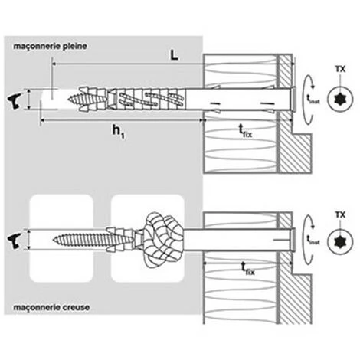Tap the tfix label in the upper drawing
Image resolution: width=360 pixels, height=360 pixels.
click(x=245, y=132)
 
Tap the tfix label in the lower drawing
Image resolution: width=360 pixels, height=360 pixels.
click(x=245, y=270)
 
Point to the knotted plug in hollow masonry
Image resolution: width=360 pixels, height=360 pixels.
click(x=161, y=238)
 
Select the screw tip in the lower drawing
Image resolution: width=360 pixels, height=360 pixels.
click(x=57, y=239)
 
